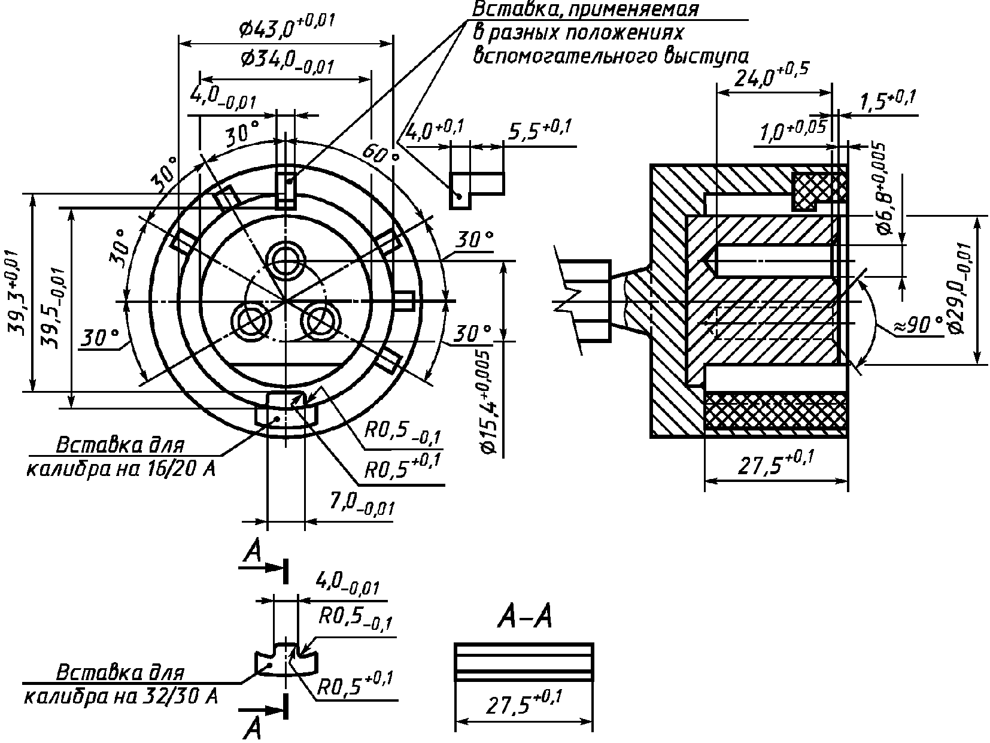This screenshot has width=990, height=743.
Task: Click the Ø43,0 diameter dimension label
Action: tap(287, 28)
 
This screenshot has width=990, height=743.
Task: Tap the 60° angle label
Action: tap(381, 154)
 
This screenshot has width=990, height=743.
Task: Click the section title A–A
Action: tap(525, 616)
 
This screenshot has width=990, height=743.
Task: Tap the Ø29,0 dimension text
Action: tap(961, 289)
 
